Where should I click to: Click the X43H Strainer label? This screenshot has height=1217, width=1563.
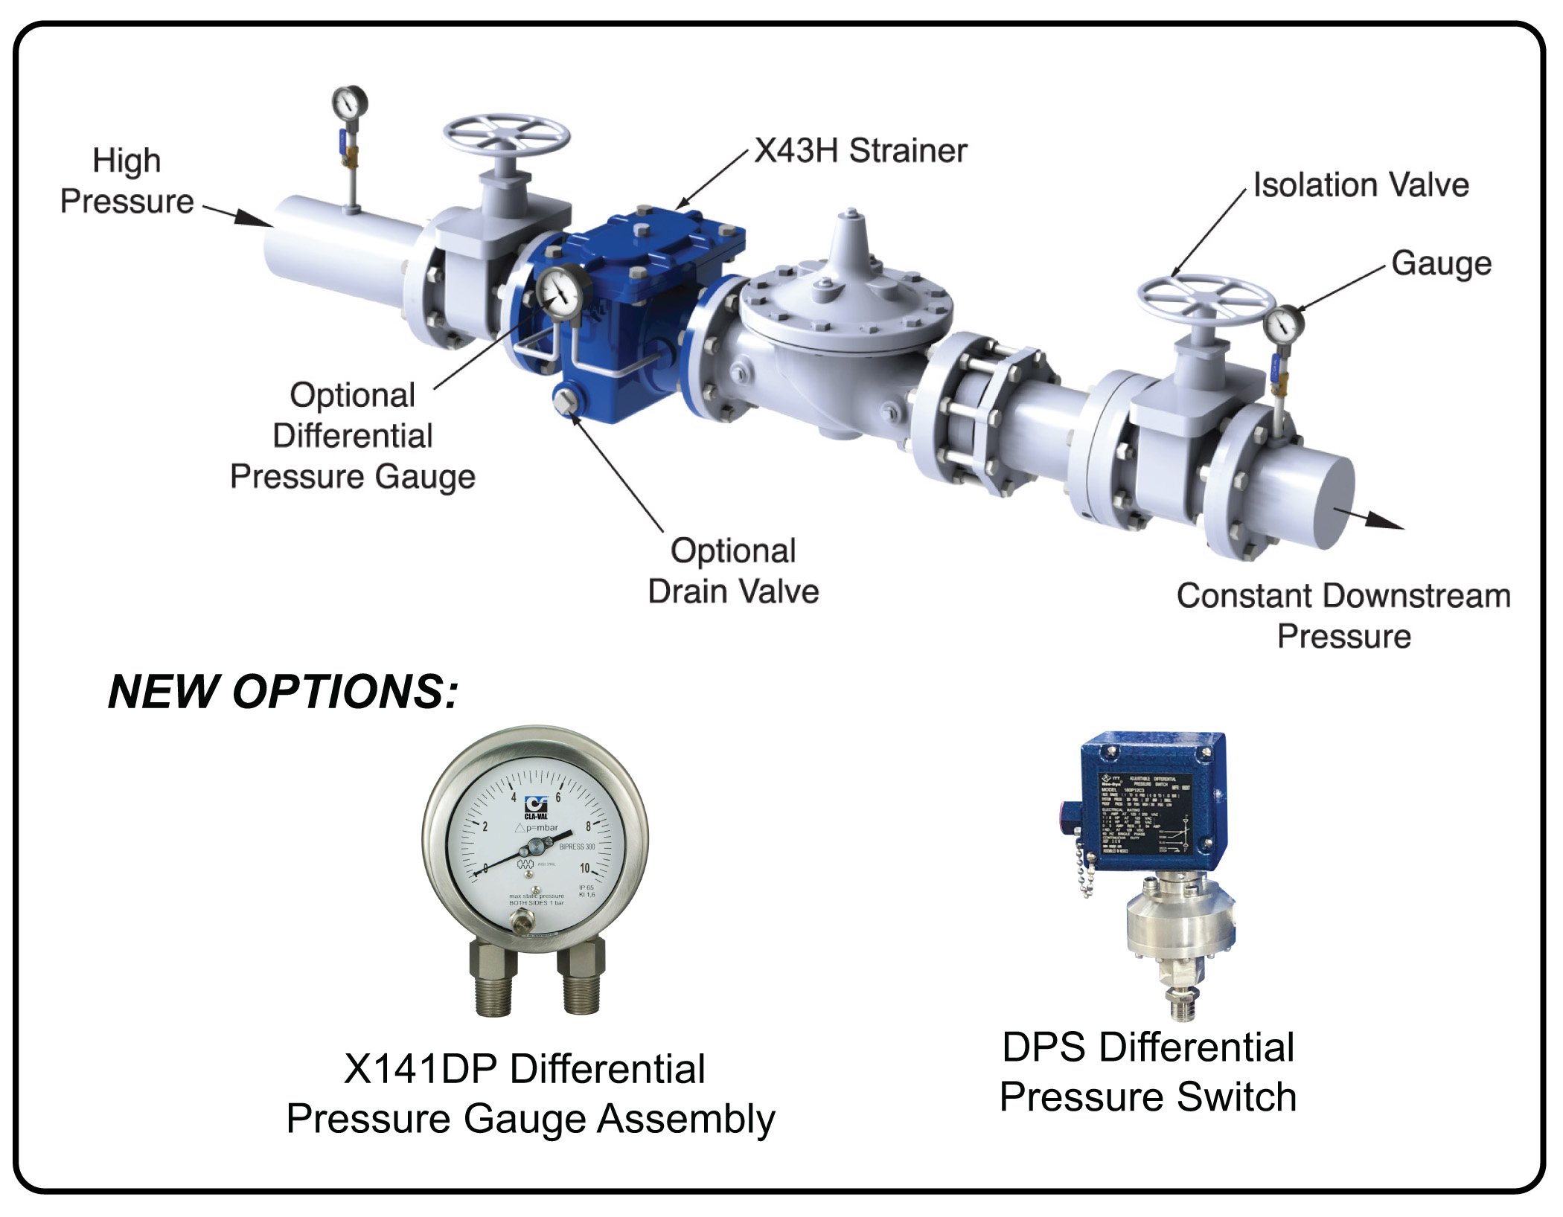[x=860, y=151]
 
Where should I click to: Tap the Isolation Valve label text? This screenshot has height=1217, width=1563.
[x=1361, y=185]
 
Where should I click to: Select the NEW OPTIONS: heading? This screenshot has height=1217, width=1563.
[x=283, y=692]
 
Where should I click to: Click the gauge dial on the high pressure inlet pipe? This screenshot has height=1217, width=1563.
[x=349, y=103]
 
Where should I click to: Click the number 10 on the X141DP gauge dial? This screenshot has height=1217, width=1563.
[x=585, y=868]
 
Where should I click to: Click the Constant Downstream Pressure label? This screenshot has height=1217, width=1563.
[x=1343, y=616]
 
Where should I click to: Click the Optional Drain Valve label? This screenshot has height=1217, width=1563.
[x=733, y=571]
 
